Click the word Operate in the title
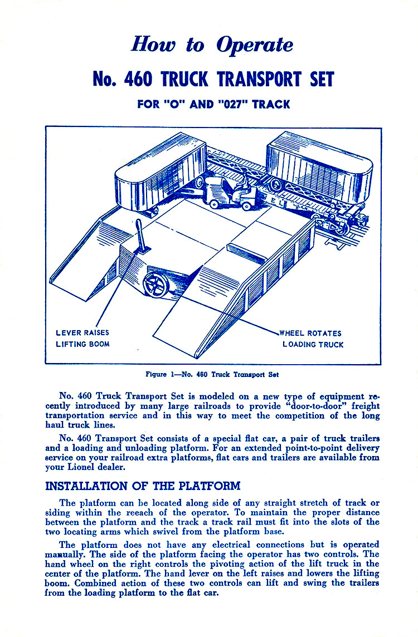point(255,45)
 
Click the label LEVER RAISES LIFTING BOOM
point(82,339)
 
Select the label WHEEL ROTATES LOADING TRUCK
point(312,339)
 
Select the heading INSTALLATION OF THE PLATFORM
point(143,486)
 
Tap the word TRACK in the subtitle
point(270,104)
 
